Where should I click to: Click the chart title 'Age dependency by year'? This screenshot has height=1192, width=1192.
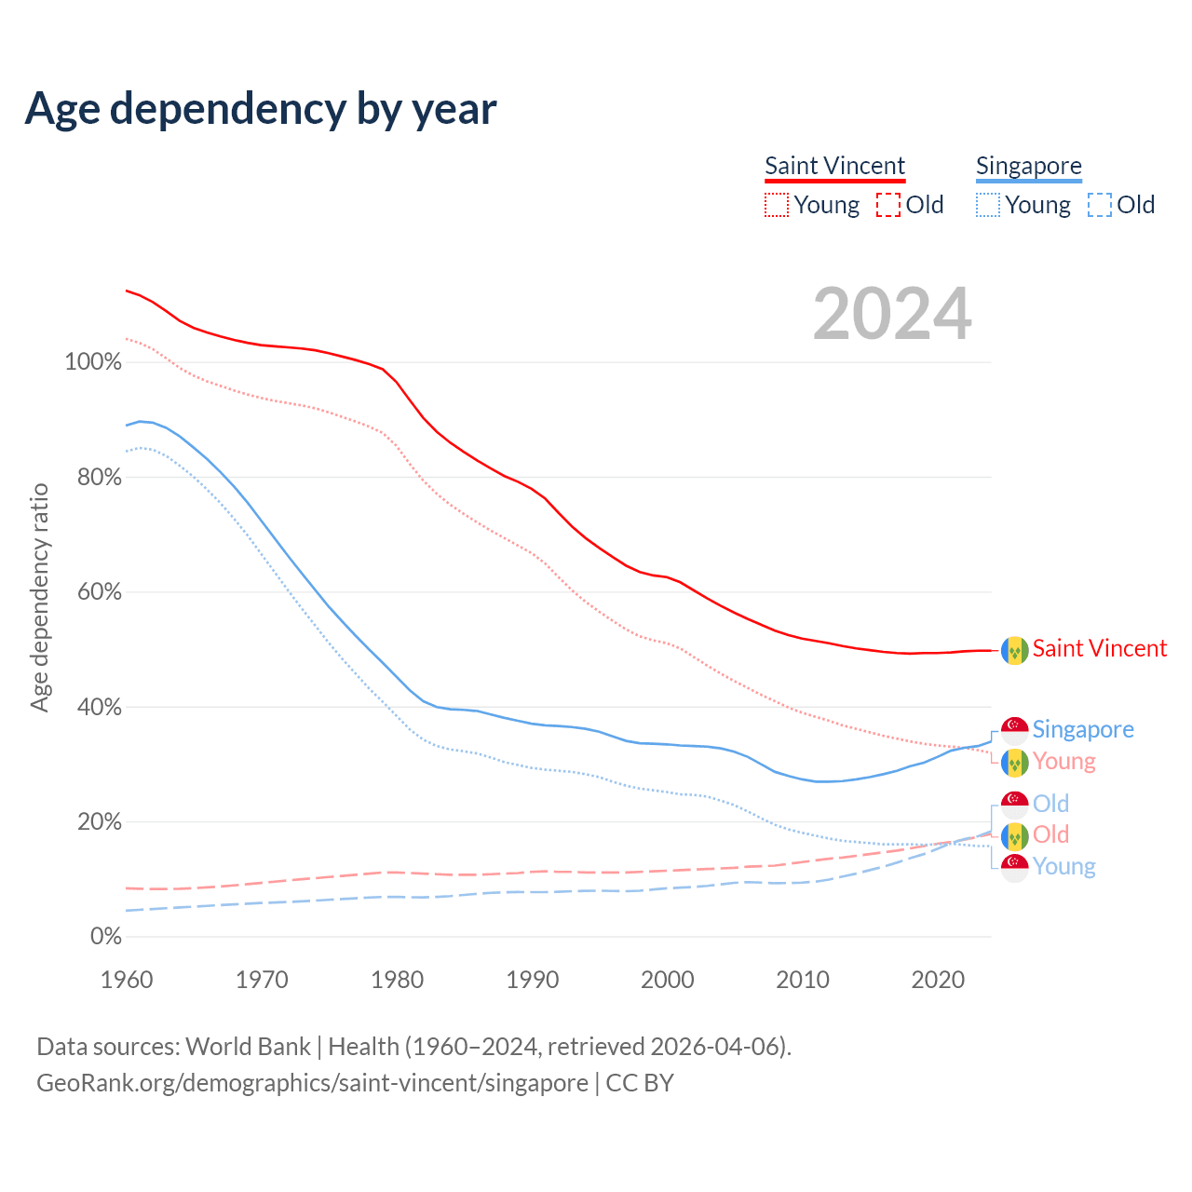click(261, 109)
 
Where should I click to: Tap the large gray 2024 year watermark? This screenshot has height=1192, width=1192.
click(892, 314)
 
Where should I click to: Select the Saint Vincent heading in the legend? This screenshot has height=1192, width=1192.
click(834, 166)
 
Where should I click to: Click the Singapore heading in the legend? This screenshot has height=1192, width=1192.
click(1028, 166)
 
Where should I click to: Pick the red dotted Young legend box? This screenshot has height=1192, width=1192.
click(777, 205)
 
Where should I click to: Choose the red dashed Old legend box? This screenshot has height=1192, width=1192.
click(888, 205)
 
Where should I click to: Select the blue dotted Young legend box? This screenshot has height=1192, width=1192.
click(988, 205)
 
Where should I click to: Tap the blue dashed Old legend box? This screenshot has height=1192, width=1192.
click(1100, 205)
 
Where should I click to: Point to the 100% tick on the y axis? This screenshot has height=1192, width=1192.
click(93, 362)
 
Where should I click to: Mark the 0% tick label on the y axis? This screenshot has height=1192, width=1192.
click(105, 937)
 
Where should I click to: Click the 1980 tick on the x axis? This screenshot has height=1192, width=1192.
click(398, 980)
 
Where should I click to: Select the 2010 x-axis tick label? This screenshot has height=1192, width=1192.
click(803, 980)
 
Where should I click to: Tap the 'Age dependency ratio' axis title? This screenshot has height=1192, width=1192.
click(39, 597)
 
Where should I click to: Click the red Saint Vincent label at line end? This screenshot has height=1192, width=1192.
click(1099, 649)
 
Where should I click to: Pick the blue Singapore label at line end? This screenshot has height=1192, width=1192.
click(1083, 729)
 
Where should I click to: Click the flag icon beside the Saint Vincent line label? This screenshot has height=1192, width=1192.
click(1014, 650)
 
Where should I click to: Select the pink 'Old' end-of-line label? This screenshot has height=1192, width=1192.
click(1050, 834)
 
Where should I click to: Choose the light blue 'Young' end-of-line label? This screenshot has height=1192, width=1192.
click(1063, 867)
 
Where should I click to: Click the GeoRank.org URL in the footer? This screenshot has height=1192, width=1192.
click(312, 1083)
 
